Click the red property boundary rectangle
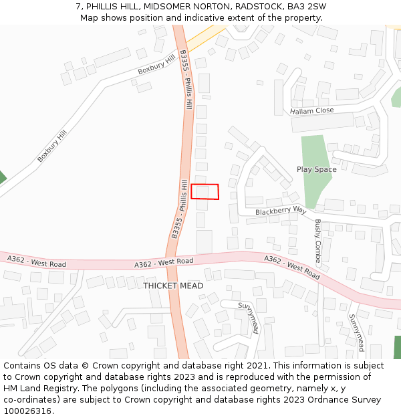click(205, 191)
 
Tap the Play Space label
click(316, 169)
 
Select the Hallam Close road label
click(311, 111)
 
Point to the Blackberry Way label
click(280, 211)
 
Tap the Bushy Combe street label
click(318, 243)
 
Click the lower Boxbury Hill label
click(52, 146)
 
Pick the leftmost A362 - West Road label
click(37, 261)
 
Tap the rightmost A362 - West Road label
click(291, 266)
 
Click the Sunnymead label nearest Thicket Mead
click(249, 318)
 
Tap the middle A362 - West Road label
click(164, 262)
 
